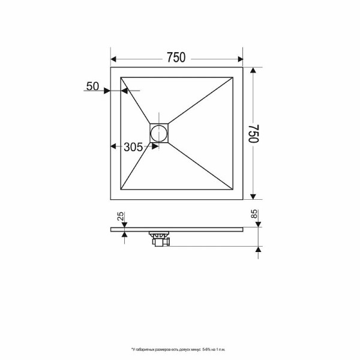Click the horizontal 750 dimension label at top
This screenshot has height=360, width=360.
click(x=176, y=58)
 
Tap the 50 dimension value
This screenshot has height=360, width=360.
click(x=92, y=86)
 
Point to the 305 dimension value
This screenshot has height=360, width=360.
click(x=133, y=146)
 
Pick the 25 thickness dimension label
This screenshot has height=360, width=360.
click(x=120, y=217)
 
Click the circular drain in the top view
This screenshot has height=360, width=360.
click(x=160, y=133)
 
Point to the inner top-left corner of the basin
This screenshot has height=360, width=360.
click(x=122, y=77)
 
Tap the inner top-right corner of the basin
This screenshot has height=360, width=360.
click(x=232, y=77)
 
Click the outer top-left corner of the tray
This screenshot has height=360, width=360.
click(x=111, y=67)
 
